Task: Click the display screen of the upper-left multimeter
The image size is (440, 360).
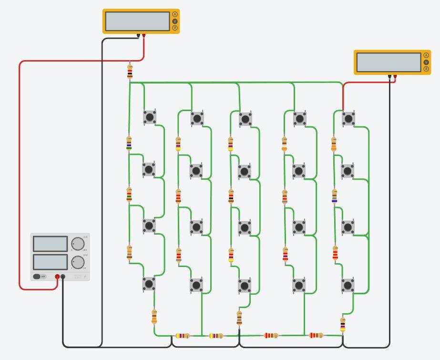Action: point(137,21)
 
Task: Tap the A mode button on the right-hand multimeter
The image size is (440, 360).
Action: point(426,56)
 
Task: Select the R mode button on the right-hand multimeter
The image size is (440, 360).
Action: point(426,69)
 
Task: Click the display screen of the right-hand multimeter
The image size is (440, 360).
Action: point(389,62)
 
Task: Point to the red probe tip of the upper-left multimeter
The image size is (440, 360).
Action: point(143,35)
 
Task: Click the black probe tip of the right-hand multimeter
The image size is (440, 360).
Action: point(389,76)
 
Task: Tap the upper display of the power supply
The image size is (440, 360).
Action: point(50,244)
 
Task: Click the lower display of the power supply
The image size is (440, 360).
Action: point(50,262)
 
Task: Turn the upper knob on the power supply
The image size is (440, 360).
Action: point(78,244)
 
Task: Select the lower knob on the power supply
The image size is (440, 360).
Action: point(78,262)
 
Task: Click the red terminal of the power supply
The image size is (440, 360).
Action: point(57,277)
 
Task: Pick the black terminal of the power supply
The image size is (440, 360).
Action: point(63,277)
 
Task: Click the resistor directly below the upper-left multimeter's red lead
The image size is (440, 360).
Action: point(130,72)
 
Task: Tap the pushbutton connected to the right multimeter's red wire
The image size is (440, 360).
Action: point(348,118)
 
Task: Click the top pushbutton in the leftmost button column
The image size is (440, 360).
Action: point(150,117)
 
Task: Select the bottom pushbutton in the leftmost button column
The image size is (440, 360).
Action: point(149,284)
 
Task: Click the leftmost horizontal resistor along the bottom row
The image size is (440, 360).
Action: point(183,336)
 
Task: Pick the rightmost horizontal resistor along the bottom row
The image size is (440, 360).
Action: point(316,335)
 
